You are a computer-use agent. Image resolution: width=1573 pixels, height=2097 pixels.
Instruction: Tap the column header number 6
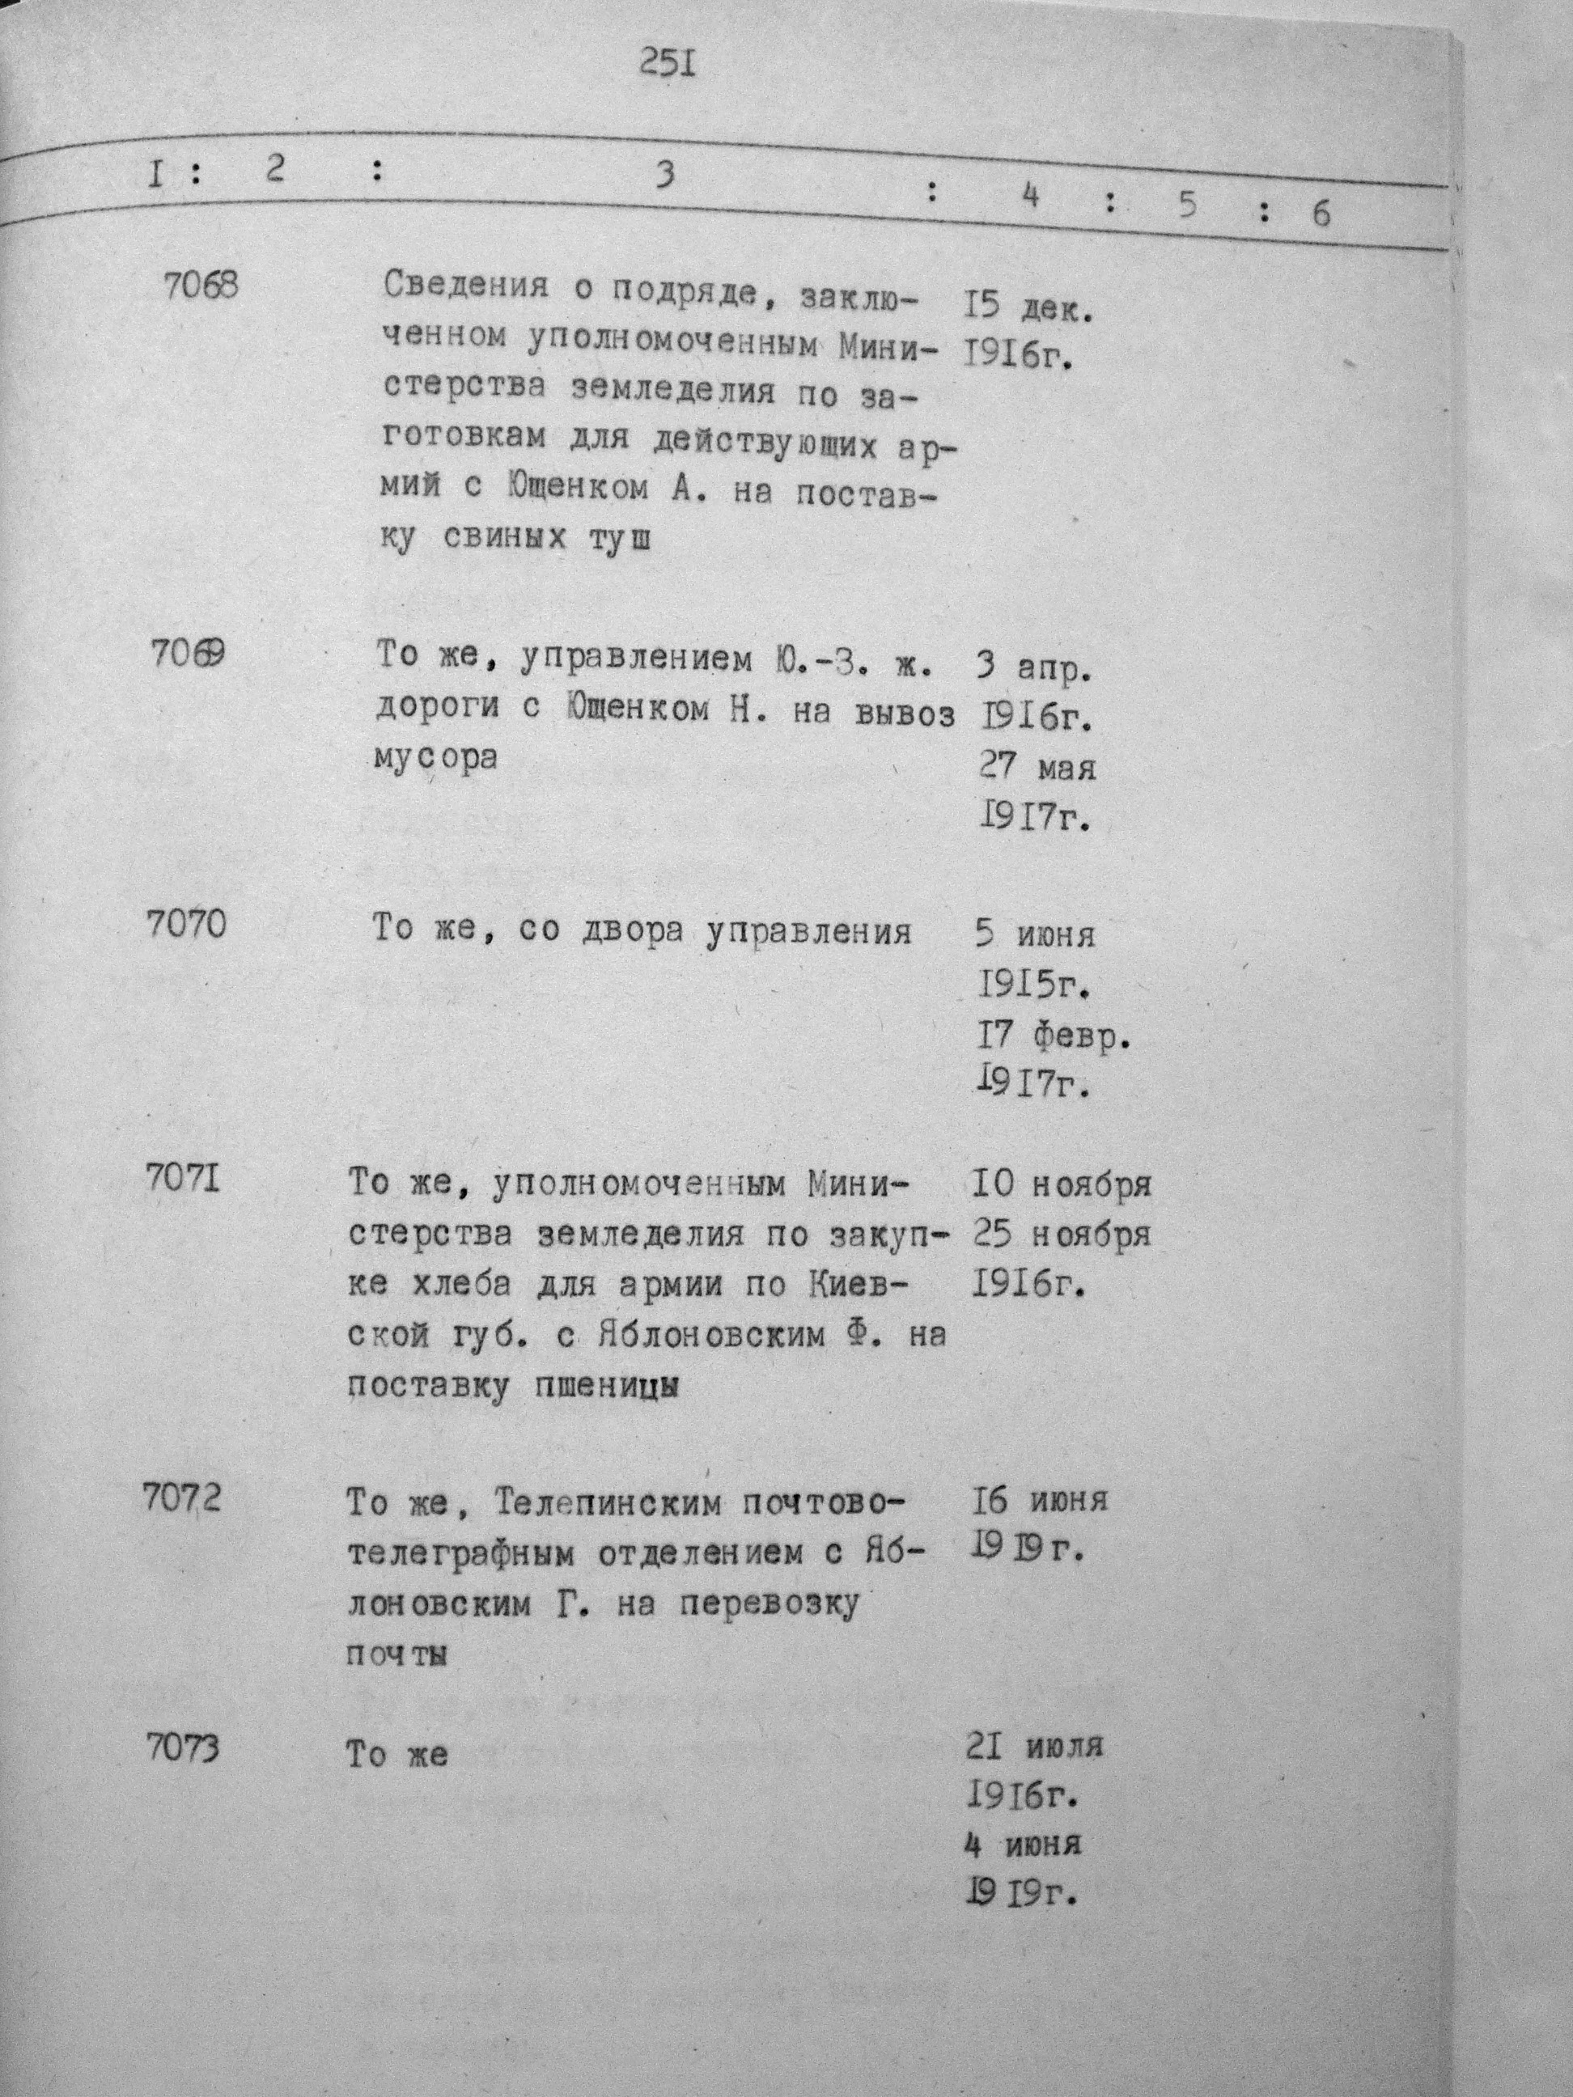click(1321, 214)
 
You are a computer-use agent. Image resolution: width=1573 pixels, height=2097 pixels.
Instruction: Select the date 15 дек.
click(1028, 308)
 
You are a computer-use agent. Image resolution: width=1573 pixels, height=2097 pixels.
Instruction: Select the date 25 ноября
click(1062, 1235)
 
